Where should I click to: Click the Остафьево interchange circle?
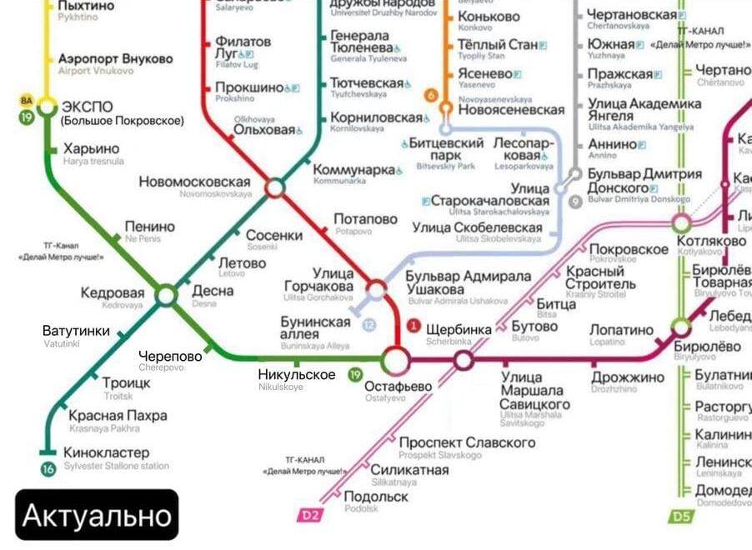[x=396, y=360]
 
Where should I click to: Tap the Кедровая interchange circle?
[x=167, y=294]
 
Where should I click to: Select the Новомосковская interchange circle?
[x=275, y=188]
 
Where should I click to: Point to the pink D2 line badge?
[x=309, y=515]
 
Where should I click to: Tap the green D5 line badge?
[x=681, y=517]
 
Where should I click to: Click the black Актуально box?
[x=97, y=514]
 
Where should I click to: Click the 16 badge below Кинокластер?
[x=48, y=469]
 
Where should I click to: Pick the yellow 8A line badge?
[x=28, y=100]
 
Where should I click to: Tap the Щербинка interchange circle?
[x=464, y=360]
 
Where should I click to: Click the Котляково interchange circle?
[x=682, y=222]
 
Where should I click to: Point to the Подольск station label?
[x=376, y=497]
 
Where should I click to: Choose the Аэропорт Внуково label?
[x=116, y=59]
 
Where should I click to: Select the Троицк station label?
[x=127, y=382]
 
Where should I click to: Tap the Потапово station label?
[x=365, y=219]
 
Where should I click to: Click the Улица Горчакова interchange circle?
[x=377, y=290]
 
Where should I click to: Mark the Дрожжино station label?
[x=628, y=377]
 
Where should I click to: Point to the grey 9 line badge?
[x=574, y=201]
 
